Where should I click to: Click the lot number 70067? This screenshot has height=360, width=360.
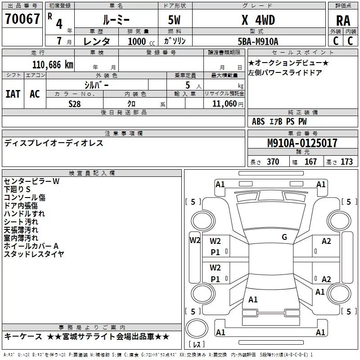click(x=22, y=19)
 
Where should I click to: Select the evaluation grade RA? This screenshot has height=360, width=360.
click(x=343, y=20)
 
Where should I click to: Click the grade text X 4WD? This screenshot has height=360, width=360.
click(x=258, y=20)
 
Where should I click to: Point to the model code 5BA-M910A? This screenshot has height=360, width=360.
click(x=258, y=41)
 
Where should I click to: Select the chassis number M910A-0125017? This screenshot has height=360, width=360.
click(x=302, y=144)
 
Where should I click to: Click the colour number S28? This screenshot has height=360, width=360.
click(x=74, y=103)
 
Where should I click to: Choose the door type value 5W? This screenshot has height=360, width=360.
click(x=175, y=20)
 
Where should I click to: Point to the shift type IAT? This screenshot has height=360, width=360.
click(x=13, y=94)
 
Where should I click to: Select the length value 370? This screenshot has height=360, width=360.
click(x=273, y=162)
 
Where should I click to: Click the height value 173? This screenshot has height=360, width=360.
click(x=346, y=162)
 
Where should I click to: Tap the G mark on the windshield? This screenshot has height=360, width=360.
click(x=284, y=237)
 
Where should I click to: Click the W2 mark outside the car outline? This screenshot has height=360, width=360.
click(x=195, y=240)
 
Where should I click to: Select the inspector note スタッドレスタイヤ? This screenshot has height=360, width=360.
click(x=34, y=254)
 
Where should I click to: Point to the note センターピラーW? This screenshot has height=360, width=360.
click(x=31, y=181)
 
